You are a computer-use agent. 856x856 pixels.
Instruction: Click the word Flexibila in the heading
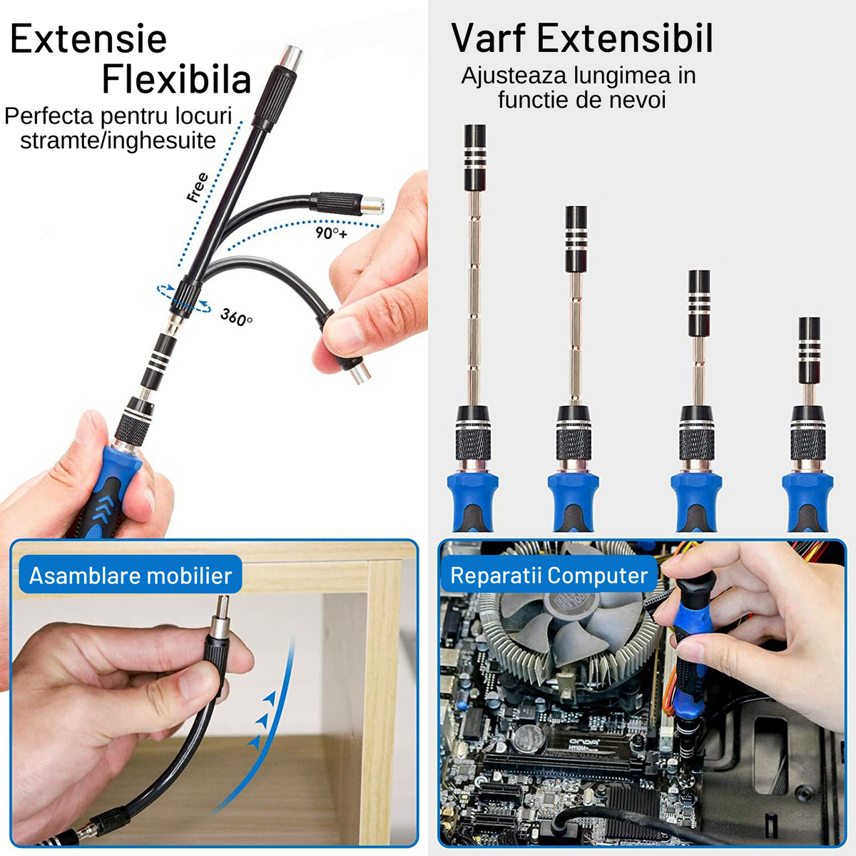point(177,79)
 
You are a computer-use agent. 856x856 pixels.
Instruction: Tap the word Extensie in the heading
point(88,39)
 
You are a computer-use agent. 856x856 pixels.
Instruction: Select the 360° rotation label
point(236,317)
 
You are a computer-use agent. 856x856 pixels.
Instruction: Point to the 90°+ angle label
point(332,233)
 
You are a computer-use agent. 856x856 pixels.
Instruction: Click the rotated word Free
point(197,188)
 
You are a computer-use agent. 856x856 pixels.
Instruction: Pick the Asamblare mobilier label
point(131,576)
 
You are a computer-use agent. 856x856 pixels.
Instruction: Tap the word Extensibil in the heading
point(625,39)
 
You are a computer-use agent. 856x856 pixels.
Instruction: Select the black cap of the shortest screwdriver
point(810,350)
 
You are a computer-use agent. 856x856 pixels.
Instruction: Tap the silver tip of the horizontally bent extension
point(372,205)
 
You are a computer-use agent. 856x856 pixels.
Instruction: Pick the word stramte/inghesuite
point(118,141)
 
